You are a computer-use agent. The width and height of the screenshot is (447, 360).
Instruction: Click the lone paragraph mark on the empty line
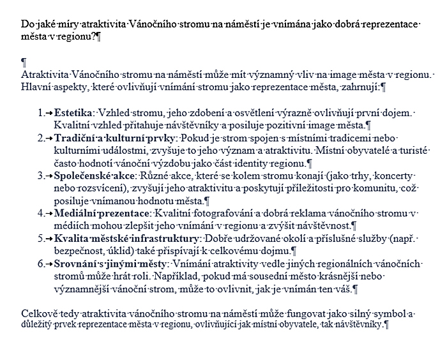[24, 62]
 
